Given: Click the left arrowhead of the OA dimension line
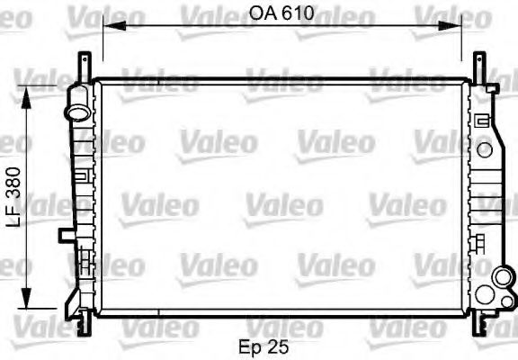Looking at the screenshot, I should tap(107, 27).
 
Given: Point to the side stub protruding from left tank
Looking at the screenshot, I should tap(66, 236).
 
